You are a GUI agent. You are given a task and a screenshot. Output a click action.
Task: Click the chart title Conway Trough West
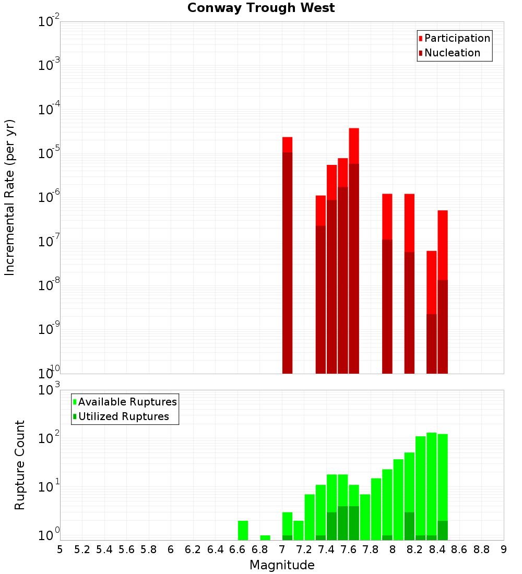coord(261,8)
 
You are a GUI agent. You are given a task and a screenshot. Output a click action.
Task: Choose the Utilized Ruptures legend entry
coord(123,416)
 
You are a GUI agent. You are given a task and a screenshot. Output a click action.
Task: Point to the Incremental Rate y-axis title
coord(10,197)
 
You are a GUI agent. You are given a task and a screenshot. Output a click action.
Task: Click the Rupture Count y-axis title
coord(20,464)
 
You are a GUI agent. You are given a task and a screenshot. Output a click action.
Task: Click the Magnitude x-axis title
coord(282,565)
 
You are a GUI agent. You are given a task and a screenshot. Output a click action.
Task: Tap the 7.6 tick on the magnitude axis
coord(348,549)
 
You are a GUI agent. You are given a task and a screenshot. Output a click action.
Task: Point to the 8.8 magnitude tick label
coord(481,549)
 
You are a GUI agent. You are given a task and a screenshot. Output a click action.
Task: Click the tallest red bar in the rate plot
coord(354,146)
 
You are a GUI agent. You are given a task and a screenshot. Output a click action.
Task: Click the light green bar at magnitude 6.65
coord(243,530)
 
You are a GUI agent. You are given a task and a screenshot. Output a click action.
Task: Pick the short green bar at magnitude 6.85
coord(265,537)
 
